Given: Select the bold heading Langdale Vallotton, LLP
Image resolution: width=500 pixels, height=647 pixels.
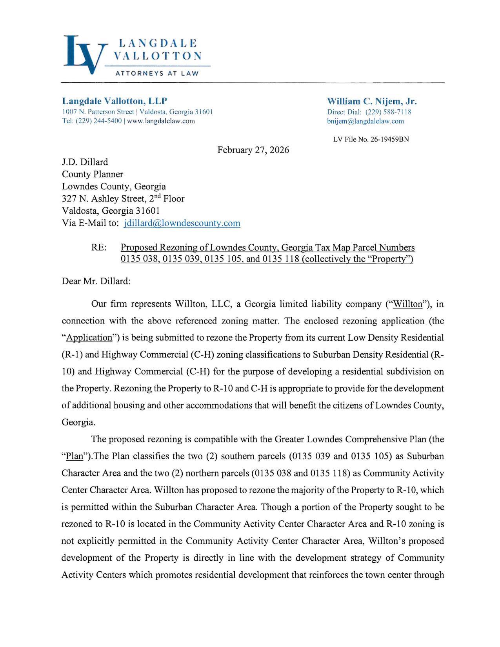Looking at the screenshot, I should [x=115, y=101].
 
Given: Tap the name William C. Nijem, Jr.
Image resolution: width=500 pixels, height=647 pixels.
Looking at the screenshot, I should [x=372, y=102].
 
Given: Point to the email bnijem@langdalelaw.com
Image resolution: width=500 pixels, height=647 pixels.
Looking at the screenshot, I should [x=365, y=121].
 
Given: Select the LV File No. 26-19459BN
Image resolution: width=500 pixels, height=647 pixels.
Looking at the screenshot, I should [x=371, y=139].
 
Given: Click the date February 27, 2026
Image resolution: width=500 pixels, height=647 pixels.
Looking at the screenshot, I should [x=253, y=150].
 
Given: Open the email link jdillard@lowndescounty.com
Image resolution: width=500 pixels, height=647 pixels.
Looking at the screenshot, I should [x=182, y=223].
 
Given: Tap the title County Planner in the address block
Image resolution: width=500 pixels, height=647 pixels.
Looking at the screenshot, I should [x=93, y=174].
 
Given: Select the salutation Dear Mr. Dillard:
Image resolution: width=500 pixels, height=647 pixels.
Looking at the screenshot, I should [x=96, y=281].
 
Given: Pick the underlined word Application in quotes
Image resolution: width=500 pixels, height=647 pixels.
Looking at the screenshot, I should [x=89, y=338].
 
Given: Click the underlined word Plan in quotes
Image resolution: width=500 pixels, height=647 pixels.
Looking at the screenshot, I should [x=75, y=456].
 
